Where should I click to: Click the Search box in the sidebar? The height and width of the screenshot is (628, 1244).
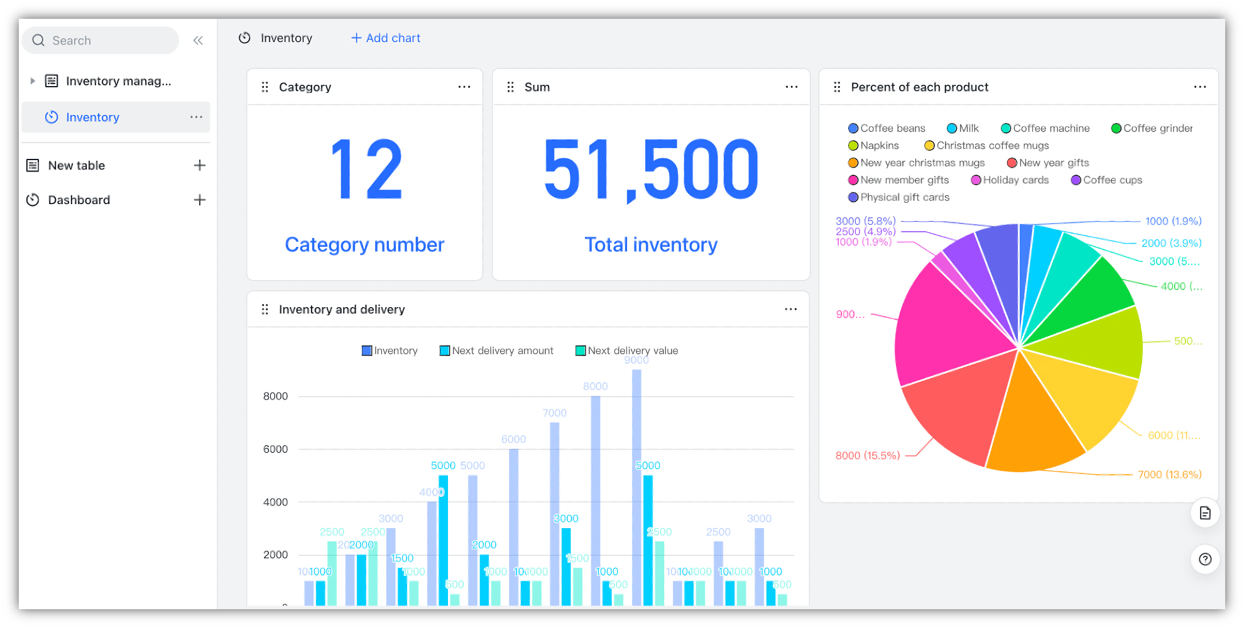pos(101,40)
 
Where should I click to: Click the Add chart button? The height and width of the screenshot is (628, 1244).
pos(385,38)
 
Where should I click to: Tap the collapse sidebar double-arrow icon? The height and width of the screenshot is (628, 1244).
pos(198,41)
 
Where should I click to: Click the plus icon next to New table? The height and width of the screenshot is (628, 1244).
pos(200,165)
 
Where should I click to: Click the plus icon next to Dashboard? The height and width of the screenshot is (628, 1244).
pos(200,200)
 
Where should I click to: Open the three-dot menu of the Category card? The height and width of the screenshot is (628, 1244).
pos(464,87)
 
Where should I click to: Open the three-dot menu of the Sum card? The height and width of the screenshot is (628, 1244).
pos(792,87)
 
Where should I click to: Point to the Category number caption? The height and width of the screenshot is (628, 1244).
pos(364,244)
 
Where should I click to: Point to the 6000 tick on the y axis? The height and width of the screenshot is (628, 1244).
pos(275,449)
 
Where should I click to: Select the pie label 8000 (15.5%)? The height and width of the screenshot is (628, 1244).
pos(868,455)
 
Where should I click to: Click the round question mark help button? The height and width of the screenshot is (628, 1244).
pos(1205,559)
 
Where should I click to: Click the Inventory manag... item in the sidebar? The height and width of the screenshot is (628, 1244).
pos(118,81)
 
